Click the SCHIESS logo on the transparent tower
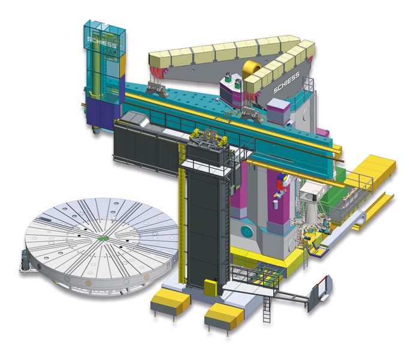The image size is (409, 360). (x=103, y=41)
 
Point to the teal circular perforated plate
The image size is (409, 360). (x=247, y=230)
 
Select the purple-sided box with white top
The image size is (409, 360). (x=278, y=109)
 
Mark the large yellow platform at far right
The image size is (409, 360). (x=369, y=170)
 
